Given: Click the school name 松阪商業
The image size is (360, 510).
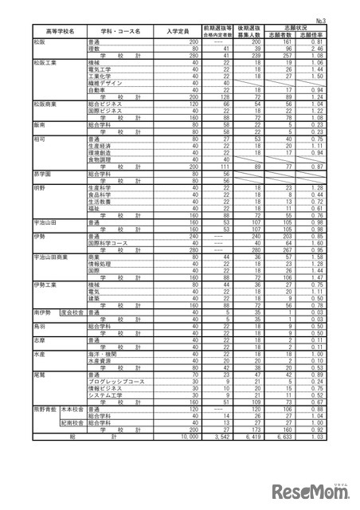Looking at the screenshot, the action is (x=45, y=103).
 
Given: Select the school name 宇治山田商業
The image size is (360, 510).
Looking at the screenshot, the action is (x=51, y=257).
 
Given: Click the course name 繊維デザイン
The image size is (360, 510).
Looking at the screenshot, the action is (x=108, y=81).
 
